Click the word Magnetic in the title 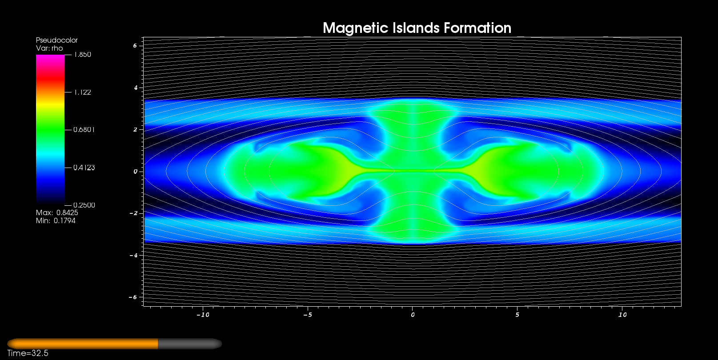(356, 28)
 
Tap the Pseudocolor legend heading (57, 40)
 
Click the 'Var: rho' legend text (49, 48)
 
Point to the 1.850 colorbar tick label (83, 55)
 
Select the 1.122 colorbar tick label (83, 92)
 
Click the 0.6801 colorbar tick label (84, 129)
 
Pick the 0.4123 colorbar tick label (84, 168)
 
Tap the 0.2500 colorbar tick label (84, 205)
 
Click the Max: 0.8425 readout (57, 212)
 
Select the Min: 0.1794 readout (56, 220)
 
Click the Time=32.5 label (28, 353)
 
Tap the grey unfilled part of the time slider (190, 344)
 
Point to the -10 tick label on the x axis (203, 315)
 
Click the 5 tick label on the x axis (517, 315)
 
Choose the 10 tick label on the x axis (622, 315)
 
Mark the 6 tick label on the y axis (135, 45)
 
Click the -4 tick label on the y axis (133, 255)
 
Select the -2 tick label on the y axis (133, 213)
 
